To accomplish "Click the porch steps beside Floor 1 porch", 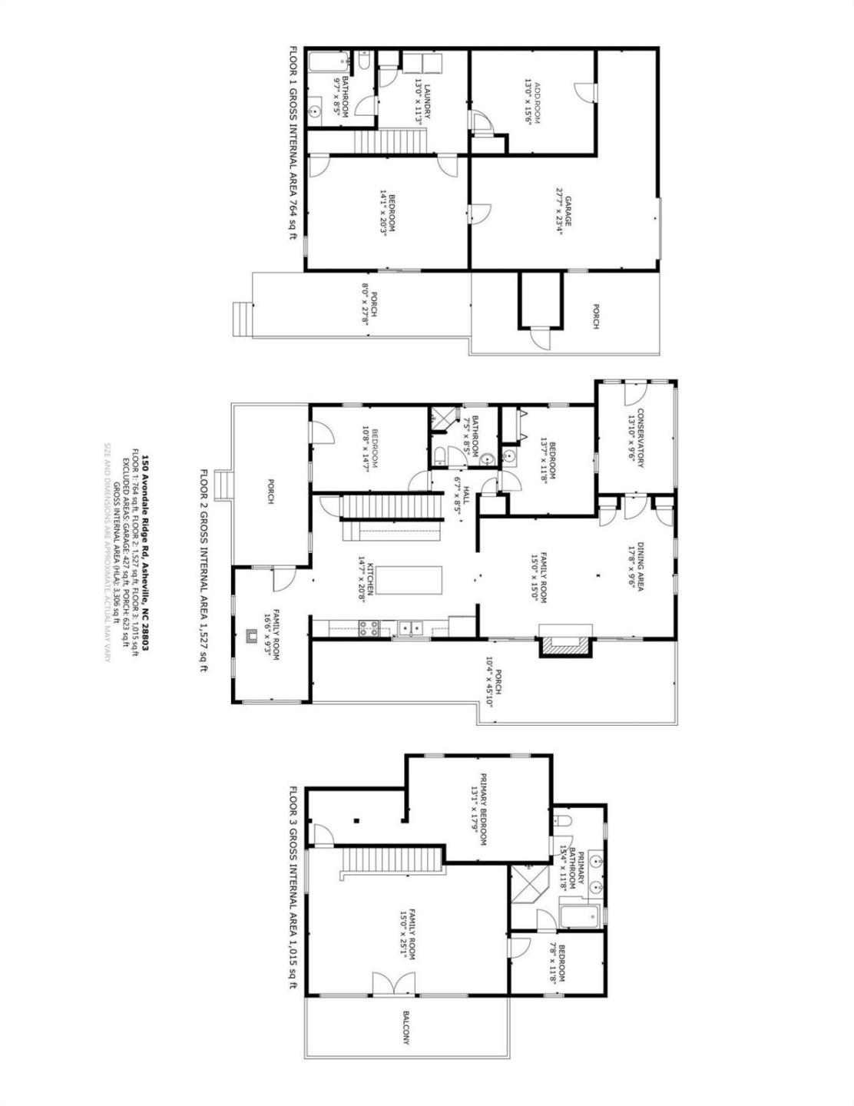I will point(242,318).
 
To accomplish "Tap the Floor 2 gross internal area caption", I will point(204,569).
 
